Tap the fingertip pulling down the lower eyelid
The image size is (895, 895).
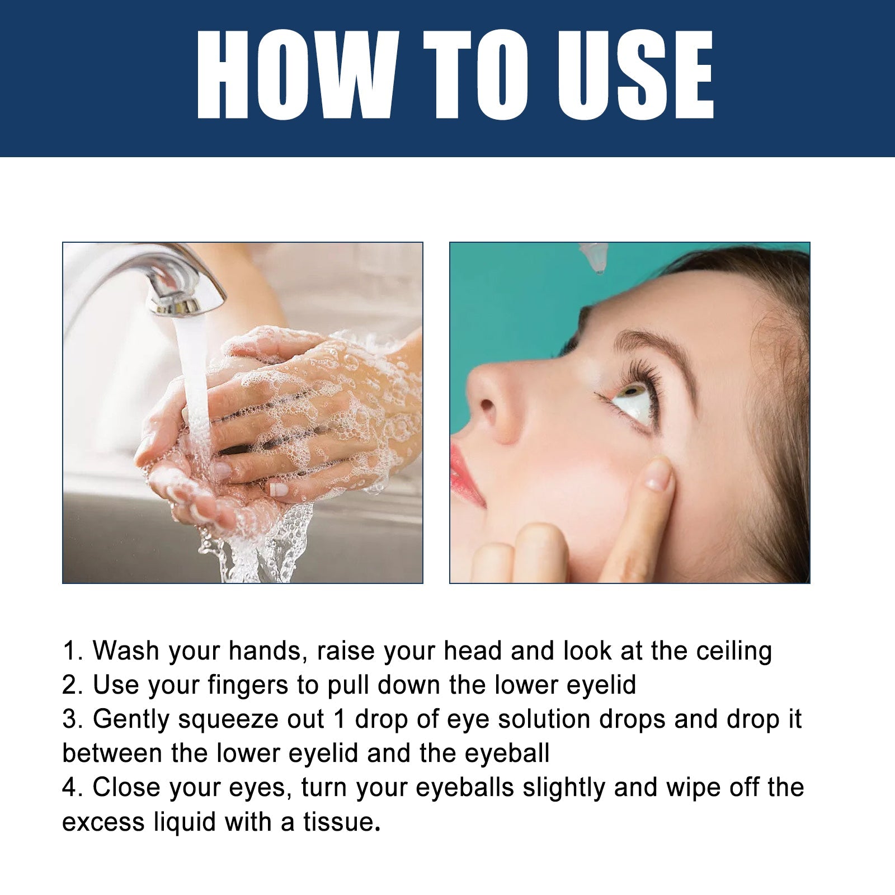tap(657, 475)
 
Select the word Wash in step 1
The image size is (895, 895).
tap(126, 651)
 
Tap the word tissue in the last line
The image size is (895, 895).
tap(338, 822)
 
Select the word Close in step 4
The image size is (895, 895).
tap(126, 788)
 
